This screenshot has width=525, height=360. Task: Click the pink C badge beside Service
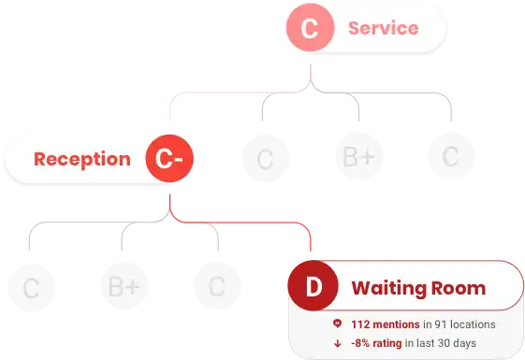311,27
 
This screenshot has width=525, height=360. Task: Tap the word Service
384,28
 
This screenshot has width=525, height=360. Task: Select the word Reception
82,159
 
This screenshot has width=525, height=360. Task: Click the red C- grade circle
169,158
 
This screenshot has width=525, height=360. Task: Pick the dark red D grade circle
314,286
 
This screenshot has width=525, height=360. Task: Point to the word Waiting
388,288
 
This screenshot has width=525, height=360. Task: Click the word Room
459,288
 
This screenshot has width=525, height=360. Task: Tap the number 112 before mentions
360,324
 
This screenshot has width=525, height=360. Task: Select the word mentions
396,324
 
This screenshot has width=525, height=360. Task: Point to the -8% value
360,343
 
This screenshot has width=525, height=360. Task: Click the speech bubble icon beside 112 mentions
337,324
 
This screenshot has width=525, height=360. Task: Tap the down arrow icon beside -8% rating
338,343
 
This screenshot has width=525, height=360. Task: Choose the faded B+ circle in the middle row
359,156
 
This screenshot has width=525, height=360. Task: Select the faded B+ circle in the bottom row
124,286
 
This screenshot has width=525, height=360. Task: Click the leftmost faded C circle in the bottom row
32,288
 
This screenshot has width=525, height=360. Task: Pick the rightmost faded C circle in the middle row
451,156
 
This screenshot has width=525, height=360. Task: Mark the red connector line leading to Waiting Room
241,223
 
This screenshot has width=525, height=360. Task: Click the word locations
473,324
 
